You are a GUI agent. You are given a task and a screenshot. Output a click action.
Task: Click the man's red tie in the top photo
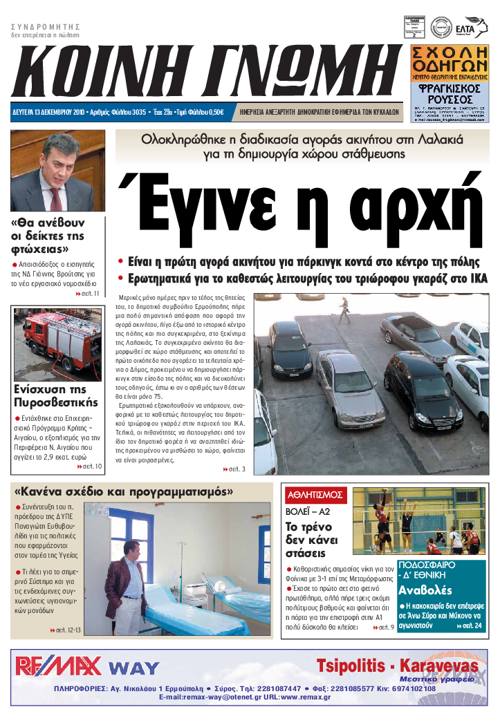(56, 198)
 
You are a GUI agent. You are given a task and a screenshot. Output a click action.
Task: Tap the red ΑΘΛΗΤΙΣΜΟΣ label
(315, 495)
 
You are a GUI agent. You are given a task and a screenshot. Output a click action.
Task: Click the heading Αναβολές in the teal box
(425, 590)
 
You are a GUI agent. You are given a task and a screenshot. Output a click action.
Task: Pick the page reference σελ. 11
(88, 294)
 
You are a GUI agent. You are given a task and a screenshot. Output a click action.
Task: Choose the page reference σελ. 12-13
(66, 630)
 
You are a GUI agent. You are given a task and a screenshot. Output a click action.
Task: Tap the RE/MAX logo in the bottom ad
(59, 666)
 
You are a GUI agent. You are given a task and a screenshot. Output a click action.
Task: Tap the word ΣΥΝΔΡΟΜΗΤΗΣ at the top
(46, 26)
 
